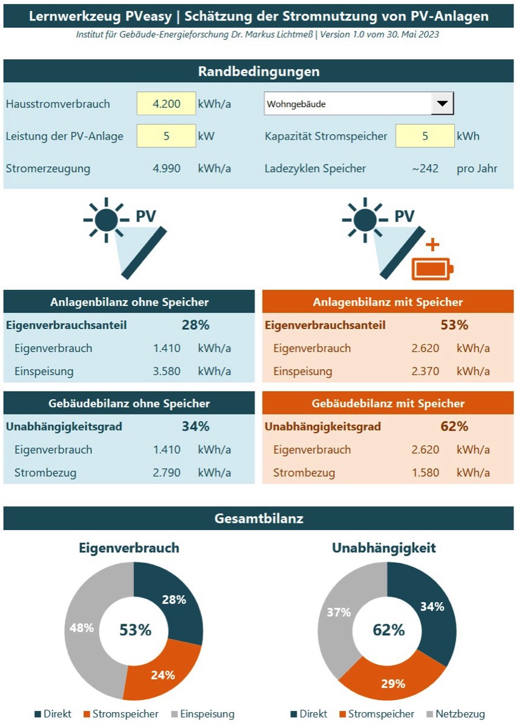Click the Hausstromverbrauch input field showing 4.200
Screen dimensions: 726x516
coord(167,103)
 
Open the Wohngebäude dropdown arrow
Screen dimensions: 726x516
coord(442,103)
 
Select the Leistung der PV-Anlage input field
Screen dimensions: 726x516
coord(167,136)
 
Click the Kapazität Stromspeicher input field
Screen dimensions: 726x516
coord(425,136)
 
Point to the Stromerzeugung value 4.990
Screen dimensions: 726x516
coord(167,168)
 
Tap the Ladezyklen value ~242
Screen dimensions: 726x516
coord(425,168)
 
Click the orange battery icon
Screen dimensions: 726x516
coord(432,269)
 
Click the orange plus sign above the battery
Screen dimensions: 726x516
coord(432,245)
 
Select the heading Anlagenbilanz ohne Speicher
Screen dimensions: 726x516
coord(129,302)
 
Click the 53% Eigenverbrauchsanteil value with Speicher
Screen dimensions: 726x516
coord(454,325)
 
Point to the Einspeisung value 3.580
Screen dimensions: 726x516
coord(167,371)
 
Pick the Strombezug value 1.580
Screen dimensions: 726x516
coord(425,473)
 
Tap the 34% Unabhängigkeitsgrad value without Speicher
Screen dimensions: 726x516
coord(195,427)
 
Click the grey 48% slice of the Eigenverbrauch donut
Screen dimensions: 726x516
coord(82,628)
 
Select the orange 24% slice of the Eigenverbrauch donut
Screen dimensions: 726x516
coord(163,675)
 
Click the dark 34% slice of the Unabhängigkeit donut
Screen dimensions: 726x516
coord(432,607)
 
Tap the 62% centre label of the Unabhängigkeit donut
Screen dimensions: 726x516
coord(388,630)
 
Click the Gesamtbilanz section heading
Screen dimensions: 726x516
coord(258,518)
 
